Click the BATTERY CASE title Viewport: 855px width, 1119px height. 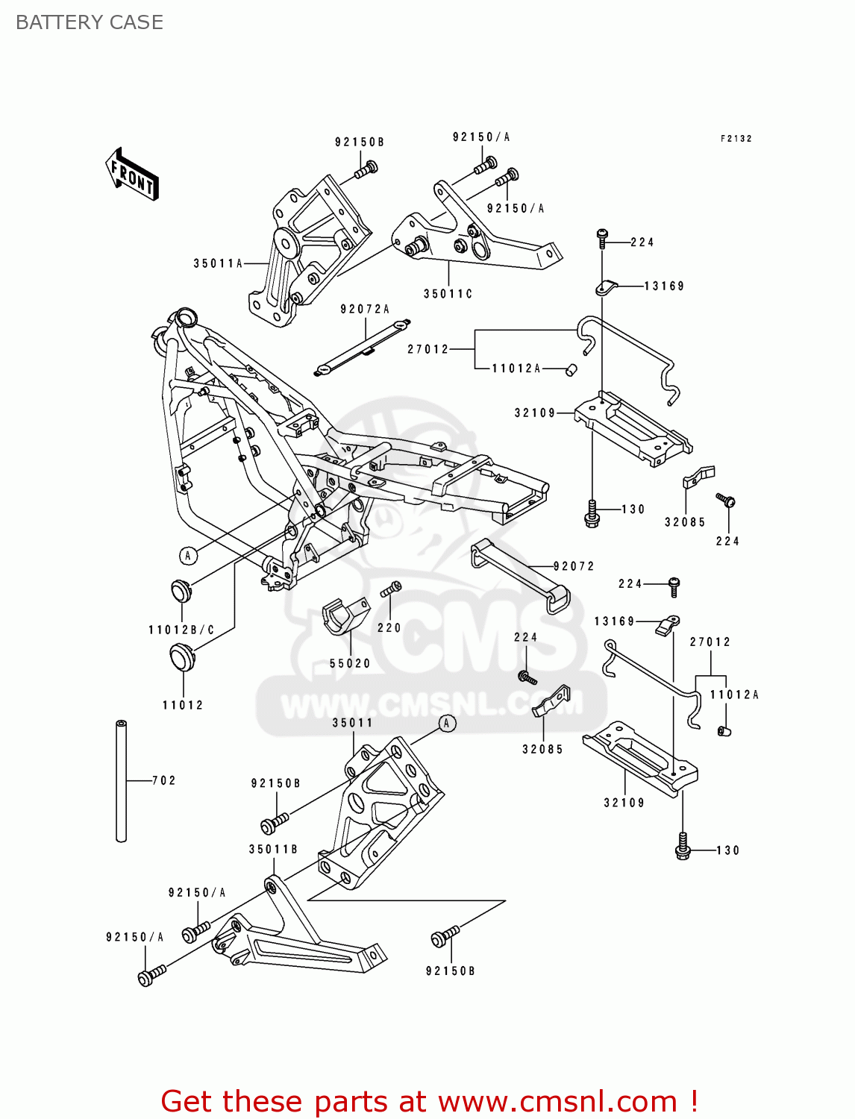90,22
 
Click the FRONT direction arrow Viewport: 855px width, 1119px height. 132,175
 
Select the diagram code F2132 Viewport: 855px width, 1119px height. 736,139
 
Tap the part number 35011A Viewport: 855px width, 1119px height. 218,263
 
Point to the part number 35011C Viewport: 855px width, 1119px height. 448,294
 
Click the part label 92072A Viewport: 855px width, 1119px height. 365,309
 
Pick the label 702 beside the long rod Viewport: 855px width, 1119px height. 164,780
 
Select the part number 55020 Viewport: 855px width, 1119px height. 350,663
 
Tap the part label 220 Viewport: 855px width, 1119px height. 389,628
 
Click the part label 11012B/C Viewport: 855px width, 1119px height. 181,630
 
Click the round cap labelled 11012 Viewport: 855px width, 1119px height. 181,658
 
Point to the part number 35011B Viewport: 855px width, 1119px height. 273,849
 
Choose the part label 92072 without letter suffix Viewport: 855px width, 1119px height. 574,566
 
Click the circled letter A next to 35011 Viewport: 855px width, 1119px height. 447,723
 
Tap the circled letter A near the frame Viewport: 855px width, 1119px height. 188,555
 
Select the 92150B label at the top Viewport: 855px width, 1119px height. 359,142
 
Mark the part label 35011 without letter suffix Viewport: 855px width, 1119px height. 352,723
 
